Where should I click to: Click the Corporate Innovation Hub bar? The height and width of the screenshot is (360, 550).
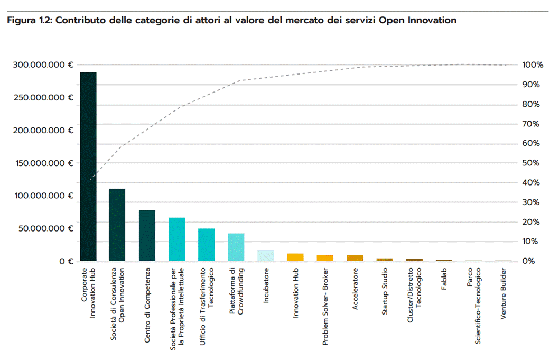point(88,167)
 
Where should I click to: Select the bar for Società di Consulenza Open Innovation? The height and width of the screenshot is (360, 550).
point(117,225)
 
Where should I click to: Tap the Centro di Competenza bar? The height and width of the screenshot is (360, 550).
point(147,235)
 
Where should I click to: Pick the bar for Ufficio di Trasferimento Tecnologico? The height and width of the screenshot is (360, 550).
point(206,245)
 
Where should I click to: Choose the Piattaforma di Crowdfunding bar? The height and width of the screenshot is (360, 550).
point(236,247)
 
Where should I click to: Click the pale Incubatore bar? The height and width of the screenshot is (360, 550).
point(266,255)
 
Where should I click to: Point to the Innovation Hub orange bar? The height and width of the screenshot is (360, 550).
point(295,257)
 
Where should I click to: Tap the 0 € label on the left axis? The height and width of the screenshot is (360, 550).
point(66,261)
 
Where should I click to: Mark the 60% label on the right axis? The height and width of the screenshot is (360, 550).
point(530,143)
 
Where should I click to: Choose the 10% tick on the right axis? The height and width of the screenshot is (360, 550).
point(530,242)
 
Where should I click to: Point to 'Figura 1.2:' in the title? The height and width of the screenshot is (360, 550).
point(29,21)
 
